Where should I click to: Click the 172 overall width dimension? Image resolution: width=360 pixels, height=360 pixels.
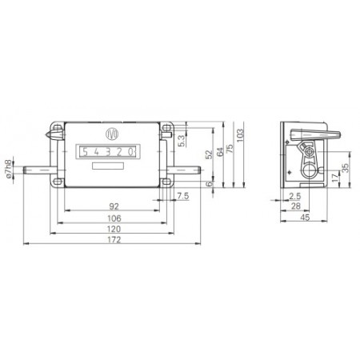114,240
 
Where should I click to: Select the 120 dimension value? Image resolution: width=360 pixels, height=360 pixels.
114,229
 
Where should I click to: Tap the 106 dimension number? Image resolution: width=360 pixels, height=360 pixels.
114,218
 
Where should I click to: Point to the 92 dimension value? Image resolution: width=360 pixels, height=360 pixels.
114,206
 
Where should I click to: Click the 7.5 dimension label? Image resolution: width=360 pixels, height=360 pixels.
183,196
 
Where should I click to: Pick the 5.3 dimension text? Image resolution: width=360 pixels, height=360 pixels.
181,141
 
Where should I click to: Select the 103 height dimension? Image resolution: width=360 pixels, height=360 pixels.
240,135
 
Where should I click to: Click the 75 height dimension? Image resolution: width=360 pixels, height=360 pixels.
230,148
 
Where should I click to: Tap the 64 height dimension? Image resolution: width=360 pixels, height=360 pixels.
220,152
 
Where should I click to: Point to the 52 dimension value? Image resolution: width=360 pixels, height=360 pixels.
210,154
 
